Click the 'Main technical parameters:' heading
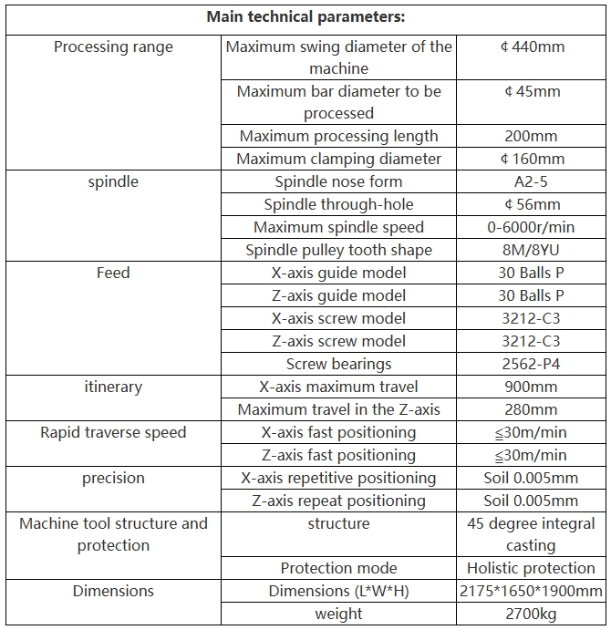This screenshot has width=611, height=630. tap(305, 16)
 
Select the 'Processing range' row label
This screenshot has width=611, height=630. tap(113, 46)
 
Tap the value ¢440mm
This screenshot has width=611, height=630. tap(532, 46)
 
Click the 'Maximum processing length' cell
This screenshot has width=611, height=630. tap(339, 136)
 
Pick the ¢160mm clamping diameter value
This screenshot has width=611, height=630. tap(532, 159)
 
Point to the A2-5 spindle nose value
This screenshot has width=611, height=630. tap(532, 181)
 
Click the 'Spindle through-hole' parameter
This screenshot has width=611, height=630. tap(339, 204)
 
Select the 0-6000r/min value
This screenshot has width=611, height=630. tap(532, 227)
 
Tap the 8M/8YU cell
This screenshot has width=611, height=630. tap(532, 250)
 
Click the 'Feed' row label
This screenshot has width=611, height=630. tap(113, 273)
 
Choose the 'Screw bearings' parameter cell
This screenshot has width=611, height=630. tap(339, 364)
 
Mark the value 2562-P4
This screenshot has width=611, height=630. tap(532, 364)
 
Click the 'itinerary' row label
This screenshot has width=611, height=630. tap(113, 387)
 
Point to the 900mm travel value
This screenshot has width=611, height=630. tap(532, 387)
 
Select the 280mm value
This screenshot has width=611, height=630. tap(532, 409)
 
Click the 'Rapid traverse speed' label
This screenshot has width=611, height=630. tap(113, 432)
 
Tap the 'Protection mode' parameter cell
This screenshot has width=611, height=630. tap(339, 568)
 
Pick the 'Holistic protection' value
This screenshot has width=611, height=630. tap(532, 568)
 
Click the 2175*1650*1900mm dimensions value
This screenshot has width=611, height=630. tap(532, 591)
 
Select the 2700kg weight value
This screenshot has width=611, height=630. tap(532, 614)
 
